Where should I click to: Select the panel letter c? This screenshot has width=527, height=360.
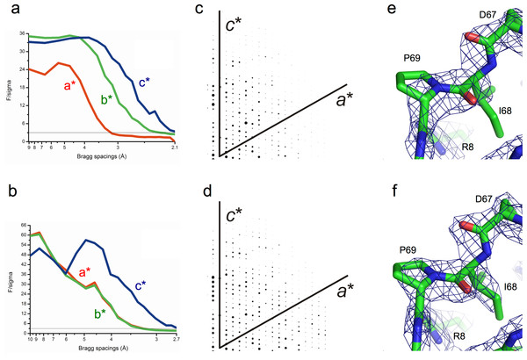pyautogui.click(x=194, y=11)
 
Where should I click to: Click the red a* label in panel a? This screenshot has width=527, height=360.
pyautogui.click(x=66, y=87)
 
